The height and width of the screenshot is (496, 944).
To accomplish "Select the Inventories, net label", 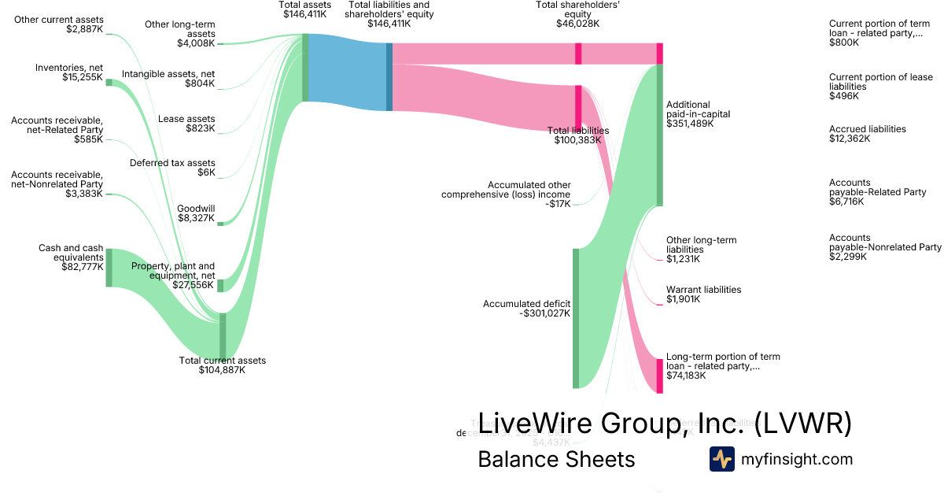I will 69,67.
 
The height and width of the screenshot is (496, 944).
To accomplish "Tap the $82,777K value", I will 82,267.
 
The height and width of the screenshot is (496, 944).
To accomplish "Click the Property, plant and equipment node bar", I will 220,285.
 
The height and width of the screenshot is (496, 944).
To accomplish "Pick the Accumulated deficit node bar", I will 576,318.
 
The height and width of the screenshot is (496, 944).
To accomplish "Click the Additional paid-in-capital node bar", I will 660,134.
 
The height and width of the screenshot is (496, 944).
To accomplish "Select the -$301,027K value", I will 545,313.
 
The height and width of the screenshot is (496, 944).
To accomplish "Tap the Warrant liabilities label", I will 703,290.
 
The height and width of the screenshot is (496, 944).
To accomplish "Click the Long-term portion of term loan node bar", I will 660,376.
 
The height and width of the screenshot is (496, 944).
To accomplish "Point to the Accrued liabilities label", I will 867,129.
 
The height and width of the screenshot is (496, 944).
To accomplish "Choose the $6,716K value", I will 846,202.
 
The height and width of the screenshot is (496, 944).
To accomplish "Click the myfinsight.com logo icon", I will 721,459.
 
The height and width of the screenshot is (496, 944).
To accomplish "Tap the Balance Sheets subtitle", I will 556,459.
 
